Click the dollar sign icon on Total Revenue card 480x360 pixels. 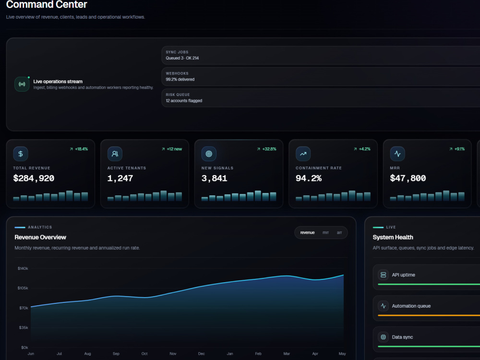point(21,154)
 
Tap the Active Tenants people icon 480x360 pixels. point(115,154)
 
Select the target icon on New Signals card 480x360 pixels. point(209,154)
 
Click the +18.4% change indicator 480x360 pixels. point(79,149)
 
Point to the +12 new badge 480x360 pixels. point(172,149)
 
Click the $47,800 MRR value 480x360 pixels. point(408,178)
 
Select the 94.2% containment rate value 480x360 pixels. point(309,178)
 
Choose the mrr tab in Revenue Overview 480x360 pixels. point(325,233)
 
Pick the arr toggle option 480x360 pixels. point(339,233)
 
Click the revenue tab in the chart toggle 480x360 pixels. point(307,233)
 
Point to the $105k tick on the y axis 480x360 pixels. point(23,288)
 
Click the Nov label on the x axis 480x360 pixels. point(173,354)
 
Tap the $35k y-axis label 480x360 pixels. point(24,327)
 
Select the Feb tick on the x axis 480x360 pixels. point(258,354)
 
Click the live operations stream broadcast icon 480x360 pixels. point(22,84)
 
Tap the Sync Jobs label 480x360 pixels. point(177,52)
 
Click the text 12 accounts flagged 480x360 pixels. point(184,101)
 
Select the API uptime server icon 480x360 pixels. point(383,275)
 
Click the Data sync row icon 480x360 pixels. point(383,337)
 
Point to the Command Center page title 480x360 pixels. point(47,4)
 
